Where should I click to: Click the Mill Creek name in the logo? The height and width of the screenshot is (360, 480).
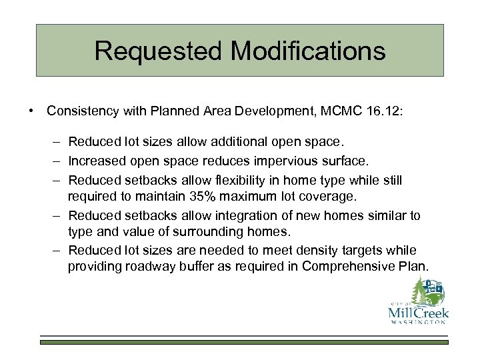(417, 313)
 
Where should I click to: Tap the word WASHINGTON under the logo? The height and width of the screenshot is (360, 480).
(417, 323)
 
